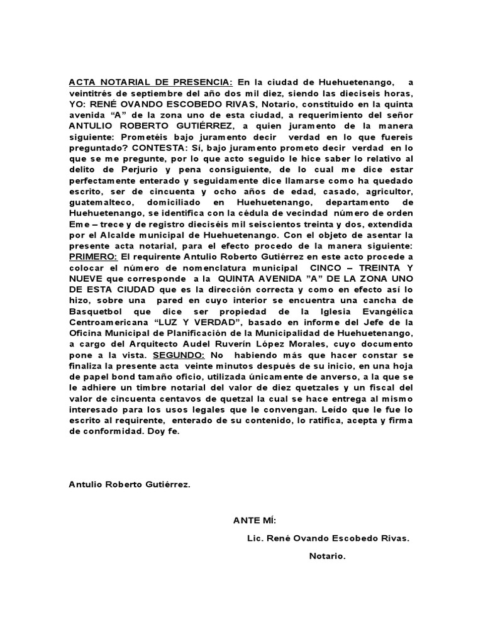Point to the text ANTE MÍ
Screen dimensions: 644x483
pos(254,520)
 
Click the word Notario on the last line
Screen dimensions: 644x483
pos(328,557)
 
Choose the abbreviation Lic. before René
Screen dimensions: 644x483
pos(259,538)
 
